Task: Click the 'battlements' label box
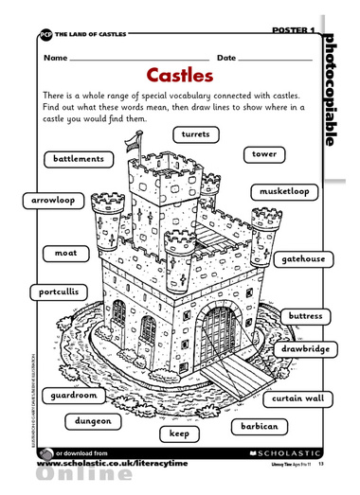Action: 79,159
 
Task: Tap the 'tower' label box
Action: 264,153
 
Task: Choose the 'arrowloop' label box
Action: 53,201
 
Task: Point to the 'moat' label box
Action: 66,253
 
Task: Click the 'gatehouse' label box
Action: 302,258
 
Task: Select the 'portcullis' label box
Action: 58,292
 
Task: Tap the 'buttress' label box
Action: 305,315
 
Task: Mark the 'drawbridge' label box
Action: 305,349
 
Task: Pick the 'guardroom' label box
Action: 75,394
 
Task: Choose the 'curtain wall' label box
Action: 297,398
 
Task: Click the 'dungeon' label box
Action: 94,421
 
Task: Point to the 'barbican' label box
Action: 258,427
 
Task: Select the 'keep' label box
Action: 180,433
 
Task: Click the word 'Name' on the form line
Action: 55,58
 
